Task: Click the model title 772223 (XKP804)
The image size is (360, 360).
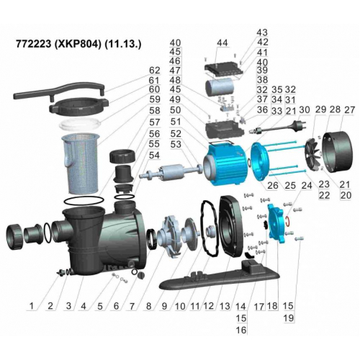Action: point(58,44)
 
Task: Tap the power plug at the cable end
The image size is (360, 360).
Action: point(298,125)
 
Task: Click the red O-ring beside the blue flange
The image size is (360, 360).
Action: point(288,221)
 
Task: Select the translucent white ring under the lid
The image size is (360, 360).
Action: point(80,125)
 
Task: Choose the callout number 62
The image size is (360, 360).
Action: point(154,71)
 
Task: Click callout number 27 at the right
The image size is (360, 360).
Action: point(349,109)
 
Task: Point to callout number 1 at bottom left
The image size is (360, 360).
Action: point(32,306)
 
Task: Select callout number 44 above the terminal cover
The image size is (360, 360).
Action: point(222,43)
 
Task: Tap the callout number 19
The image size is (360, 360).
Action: point(288,318)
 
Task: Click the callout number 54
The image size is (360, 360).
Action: point(154,156)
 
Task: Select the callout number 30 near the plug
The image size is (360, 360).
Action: point(305,109)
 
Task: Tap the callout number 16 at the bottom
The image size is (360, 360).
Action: point(241,330)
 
